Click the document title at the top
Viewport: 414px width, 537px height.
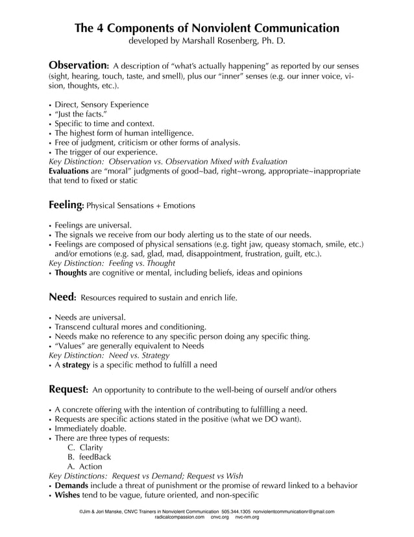(x=207, y=28)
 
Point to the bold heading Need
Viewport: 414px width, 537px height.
(x=62, y=298)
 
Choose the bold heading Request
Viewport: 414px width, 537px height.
(x=68, y=389)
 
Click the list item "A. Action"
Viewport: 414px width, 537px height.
(x=85, y=466)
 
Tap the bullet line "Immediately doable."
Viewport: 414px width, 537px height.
(x=91, y=428)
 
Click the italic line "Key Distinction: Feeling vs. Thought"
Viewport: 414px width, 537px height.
(x=112, y=263)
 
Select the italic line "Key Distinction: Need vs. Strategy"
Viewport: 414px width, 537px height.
(x=110, y=356)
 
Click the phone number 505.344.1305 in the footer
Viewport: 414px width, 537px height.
(x=236, y=512)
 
